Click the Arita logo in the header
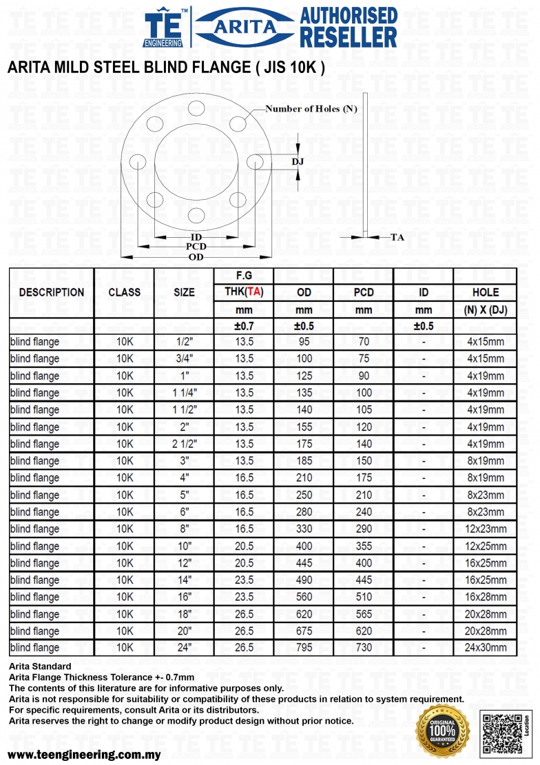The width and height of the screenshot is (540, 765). [245, 27]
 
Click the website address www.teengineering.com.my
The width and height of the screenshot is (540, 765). [84, 754]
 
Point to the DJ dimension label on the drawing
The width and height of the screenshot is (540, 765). [298, 161]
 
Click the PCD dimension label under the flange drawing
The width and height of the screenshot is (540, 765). [196, 247]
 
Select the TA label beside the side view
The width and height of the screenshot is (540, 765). [397, 237]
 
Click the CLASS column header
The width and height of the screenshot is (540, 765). [124, 292]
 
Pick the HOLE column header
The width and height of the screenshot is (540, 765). [486, 292]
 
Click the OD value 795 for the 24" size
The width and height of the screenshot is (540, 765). [304, 648]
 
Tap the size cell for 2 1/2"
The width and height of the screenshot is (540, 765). [185, 444]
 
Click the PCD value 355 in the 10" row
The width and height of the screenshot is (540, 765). [364, 546]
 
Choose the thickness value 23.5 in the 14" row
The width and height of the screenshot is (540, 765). [245, 580]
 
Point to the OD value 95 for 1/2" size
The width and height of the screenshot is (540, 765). [304, 342]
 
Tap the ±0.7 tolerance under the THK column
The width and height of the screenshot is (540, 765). [245, 326]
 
